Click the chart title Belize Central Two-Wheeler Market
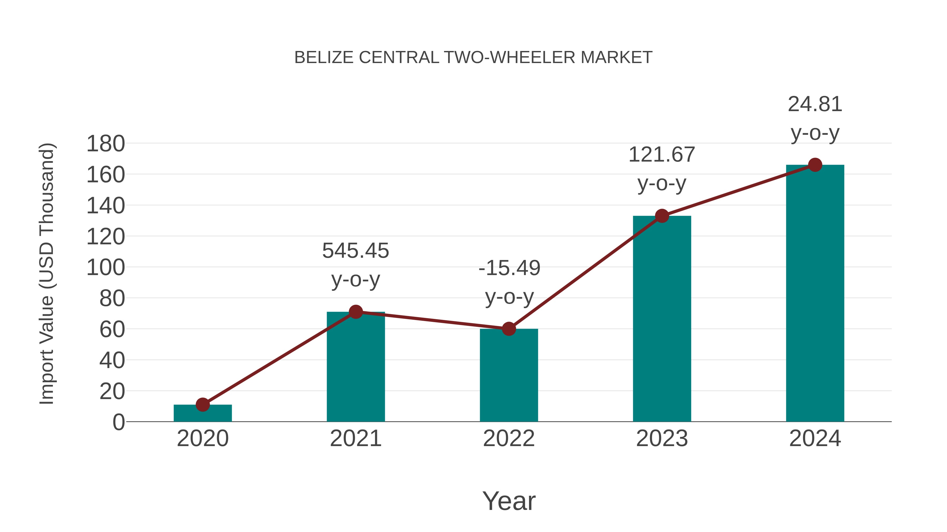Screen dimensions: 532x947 [473, 58]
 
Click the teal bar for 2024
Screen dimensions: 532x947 [815, 294]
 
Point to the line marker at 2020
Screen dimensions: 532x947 [203, 405]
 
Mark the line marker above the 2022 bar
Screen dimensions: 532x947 [508, 329]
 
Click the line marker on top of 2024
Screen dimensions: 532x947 [815, 165]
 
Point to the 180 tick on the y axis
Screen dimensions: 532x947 [105, 143]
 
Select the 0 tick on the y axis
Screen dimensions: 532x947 [118, 422]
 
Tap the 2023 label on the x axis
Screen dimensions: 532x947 [662, 438]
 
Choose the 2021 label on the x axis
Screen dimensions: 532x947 [355, 438]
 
